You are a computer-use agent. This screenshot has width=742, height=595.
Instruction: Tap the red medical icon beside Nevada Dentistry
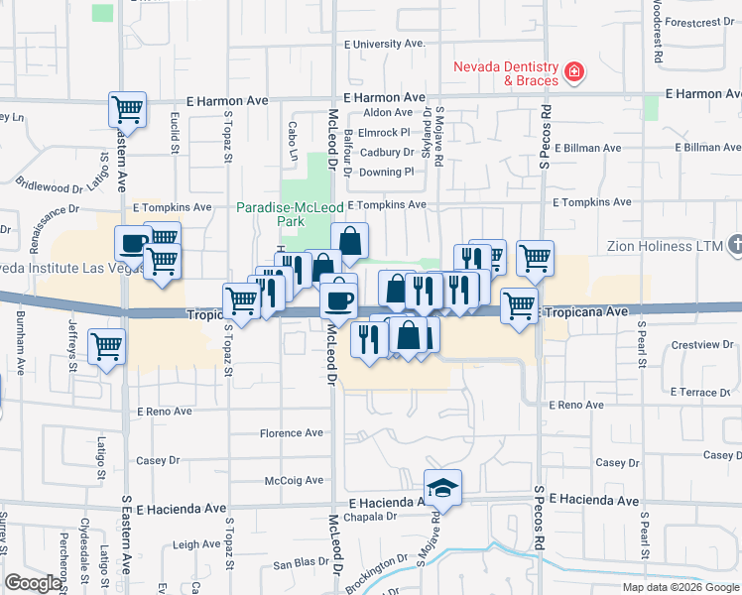coord(573,71)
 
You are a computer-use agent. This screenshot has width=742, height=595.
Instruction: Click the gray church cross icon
coord(734,244)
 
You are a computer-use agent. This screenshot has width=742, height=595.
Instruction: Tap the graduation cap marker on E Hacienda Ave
coord(442,487)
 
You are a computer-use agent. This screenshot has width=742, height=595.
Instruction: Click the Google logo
coord(33,583)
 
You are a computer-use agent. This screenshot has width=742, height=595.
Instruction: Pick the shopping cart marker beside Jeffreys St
coord(106,347)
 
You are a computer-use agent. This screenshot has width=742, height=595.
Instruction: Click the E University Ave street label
coord(384,44)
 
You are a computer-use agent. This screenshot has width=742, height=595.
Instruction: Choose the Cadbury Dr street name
coord(387,153)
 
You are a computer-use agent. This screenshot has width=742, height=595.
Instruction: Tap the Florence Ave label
coord(292,433)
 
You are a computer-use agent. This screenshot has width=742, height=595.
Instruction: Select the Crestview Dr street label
coord(700,346)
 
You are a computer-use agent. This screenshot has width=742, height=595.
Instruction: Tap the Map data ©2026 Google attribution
coord(680,586)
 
